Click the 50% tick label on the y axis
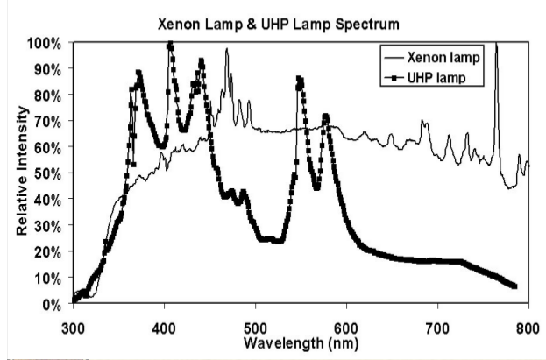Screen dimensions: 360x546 tap(49, 173)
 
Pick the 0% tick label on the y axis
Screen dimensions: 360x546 tap(53, 304)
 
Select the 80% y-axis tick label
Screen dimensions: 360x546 tap(49, 95)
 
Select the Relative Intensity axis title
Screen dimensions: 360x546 tap(21, 173)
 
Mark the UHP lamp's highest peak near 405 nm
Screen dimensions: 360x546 tap(170, 45)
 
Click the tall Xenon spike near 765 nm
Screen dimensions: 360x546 tap(496, 43)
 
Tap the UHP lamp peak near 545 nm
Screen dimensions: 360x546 tap(299, 80)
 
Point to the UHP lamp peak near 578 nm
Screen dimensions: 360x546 tap(326, 116)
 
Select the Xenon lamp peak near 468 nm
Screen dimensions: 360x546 tap(226, 51)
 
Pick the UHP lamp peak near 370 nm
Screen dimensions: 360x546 tap(138, 74)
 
